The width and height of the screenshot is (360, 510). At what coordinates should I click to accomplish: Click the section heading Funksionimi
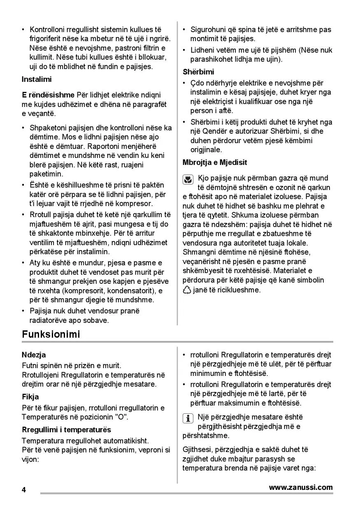pyautogui.click(x=51, y=334)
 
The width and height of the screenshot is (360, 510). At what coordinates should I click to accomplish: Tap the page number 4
pyautogui.click(x=24, y=490)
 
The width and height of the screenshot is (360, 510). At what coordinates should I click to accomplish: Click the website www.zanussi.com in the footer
pyautogui.click(x=301, y=487)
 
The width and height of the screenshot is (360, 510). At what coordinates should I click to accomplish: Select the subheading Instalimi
pyautogui.click(x=37, y=79)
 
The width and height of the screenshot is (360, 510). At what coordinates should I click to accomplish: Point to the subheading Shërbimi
pyautogui.click(x=198, y=72)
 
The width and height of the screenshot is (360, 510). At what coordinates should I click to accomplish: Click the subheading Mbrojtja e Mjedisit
pyautogui.click(x=215, y=162)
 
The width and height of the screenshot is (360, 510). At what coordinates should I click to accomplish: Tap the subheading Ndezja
pyautogui.click(x=34, y=355)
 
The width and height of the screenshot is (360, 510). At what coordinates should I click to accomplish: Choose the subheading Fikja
pyautogui.click(x=30, y=397)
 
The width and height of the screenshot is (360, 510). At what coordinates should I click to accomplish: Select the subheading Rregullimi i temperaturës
pyautogui.click(x=66, y=430)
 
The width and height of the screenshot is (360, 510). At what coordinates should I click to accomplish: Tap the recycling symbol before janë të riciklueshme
pyautogui.click(x=187, y=290)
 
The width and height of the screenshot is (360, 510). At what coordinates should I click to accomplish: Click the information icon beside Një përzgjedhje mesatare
pyautogui.click(x=188, y=418)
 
